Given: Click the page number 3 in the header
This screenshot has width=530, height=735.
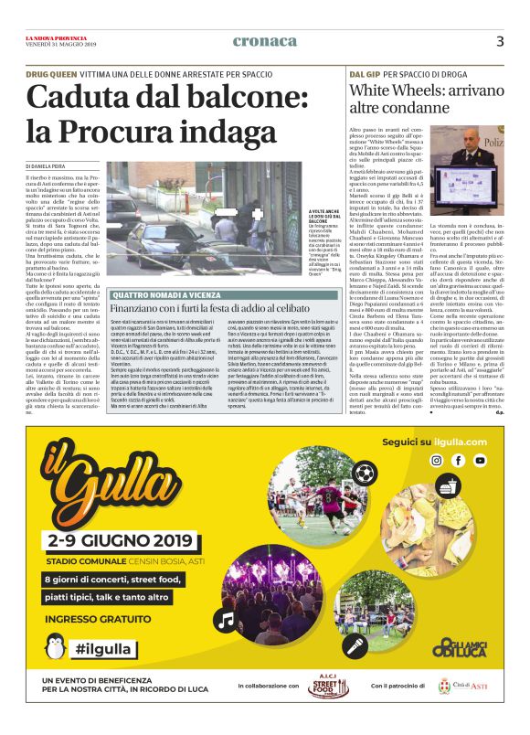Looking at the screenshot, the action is pos(500,41).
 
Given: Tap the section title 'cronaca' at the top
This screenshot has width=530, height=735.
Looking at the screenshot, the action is pos(265,41).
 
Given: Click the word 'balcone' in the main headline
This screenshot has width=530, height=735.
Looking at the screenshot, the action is pos(192,97).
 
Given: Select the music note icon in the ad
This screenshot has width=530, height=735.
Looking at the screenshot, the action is pos(226,619).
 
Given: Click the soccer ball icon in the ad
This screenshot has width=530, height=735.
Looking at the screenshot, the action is pos(365,473).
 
